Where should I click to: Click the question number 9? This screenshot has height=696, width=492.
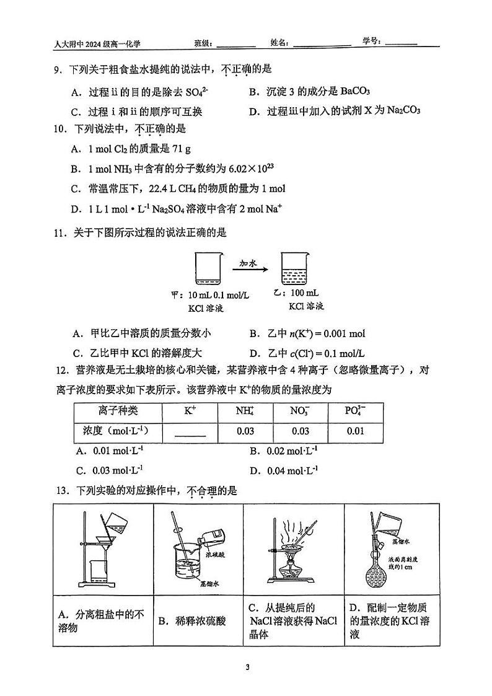coord(56,70)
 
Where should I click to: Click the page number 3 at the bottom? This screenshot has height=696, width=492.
coord(247,668)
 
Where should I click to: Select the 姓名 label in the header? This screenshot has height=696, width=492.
coord(279,43)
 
